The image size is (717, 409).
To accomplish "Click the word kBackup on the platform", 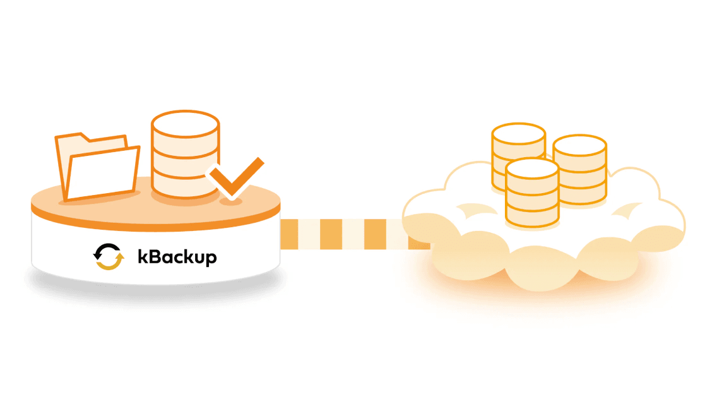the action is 177,257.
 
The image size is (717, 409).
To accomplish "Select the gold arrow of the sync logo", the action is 110,261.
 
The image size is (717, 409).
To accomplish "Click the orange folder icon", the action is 97,167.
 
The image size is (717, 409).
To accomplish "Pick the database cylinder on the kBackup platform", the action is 185,154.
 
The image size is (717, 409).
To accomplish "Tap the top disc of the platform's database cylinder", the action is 185,124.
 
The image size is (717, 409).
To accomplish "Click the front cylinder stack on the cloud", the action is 532,193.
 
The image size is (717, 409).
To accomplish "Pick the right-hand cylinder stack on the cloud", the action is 580,170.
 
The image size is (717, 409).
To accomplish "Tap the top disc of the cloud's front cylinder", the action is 532,169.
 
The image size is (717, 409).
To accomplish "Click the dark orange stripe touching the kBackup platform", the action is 290,234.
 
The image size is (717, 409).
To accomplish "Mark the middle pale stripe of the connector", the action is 353,234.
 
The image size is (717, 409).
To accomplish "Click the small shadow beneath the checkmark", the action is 231,201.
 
